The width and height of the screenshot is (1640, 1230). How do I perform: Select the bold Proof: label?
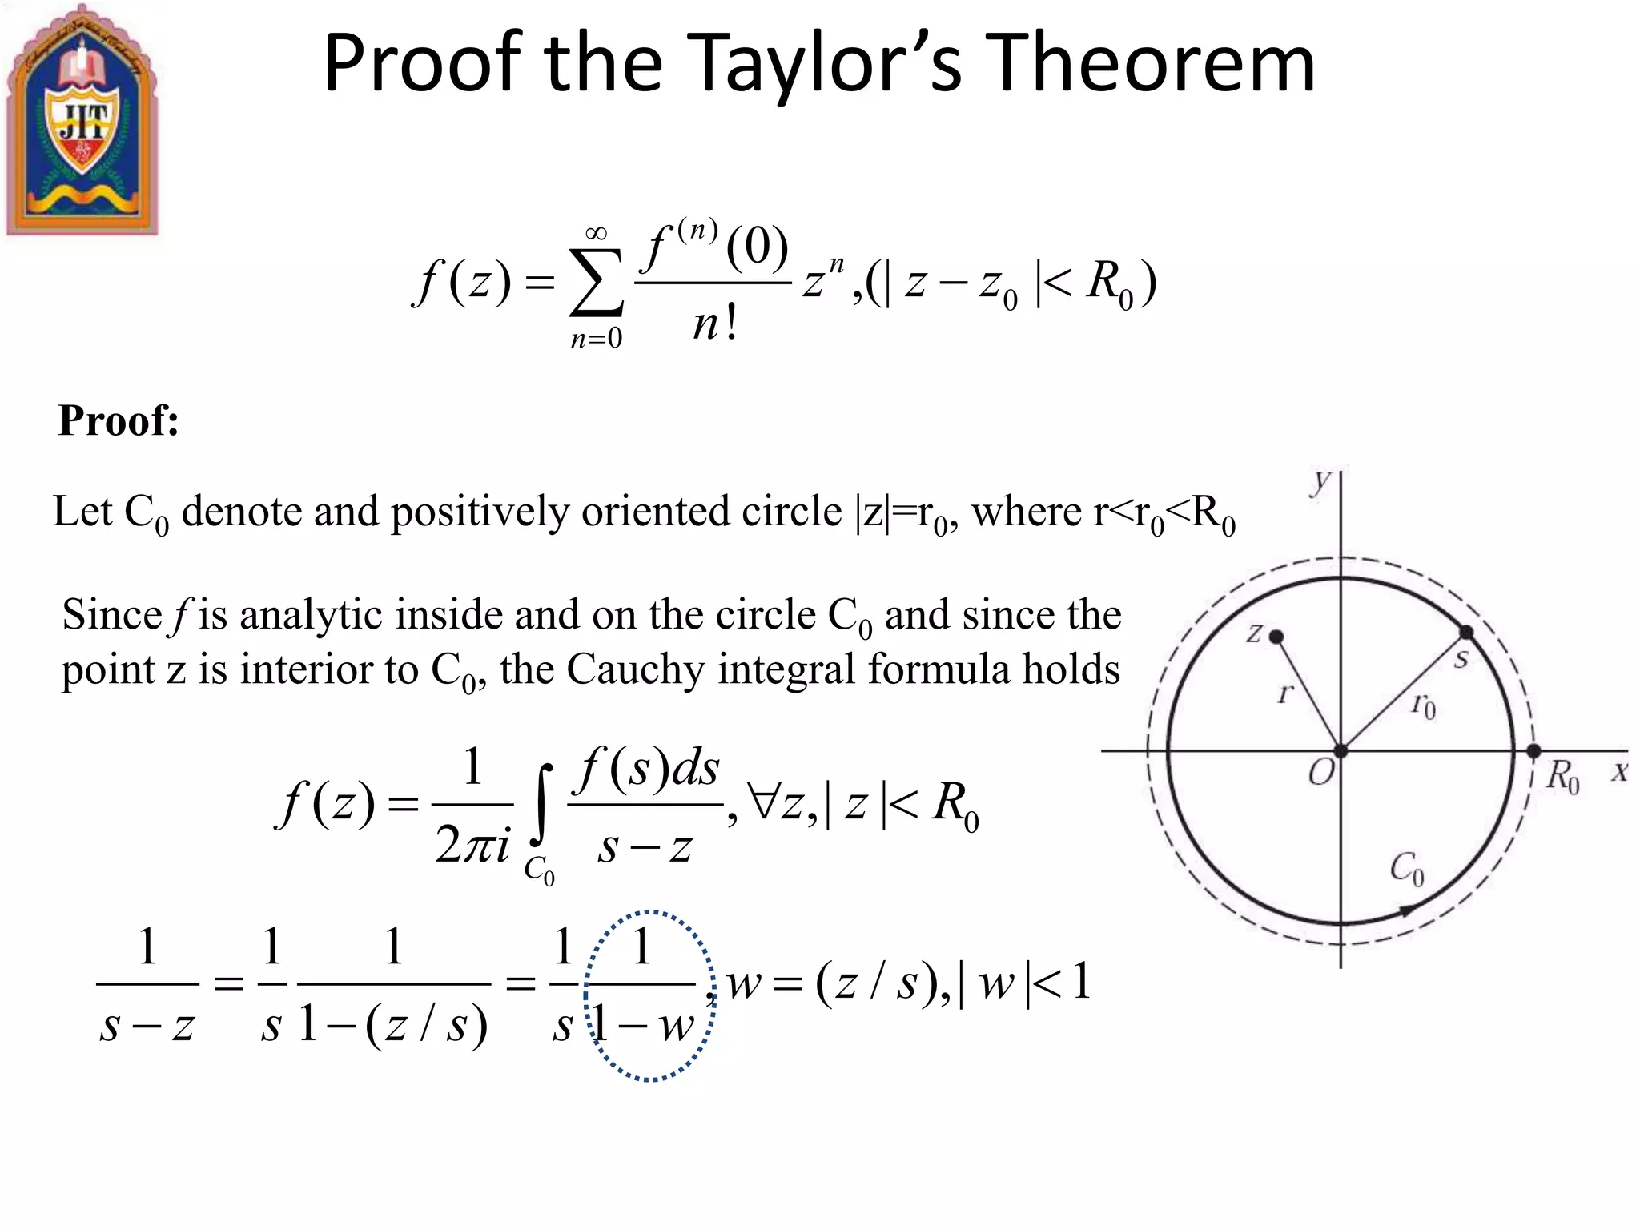(119, 420)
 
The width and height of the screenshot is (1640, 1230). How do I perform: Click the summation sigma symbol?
(596, 282)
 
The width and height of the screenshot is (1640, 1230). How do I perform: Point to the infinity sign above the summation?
(596, 233)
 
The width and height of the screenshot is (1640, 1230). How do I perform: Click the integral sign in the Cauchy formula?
(542, 806)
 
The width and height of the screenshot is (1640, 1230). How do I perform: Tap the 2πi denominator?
(472, 844)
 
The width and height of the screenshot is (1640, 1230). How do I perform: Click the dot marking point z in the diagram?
(1277, 637)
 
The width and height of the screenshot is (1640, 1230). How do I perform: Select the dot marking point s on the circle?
(1465, 633)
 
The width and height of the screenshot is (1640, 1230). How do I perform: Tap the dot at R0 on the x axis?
(1533, 751)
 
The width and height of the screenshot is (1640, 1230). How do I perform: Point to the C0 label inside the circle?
(1407, 869)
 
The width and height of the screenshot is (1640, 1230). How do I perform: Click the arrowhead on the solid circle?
(1406, 910)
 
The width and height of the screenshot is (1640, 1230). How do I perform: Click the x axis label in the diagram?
(1620, 772)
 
